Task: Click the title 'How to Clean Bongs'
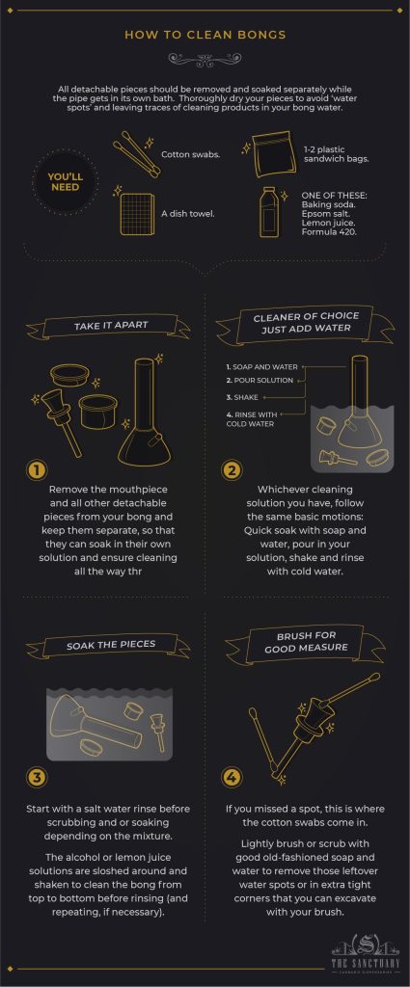pyautogui.click(x=205, y=35)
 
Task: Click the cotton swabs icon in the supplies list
pyautogui.click(x=135, y=154)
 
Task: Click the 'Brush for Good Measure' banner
pyautogui.click(x=305, y=642)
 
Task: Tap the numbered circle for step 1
pyautogui.click(x=37, y=470)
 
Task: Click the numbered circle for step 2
pyautogui.click(x=232, y=470)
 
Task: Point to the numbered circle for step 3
pyautogui.click(x=37, y=778)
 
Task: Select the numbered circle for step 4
pyautogui.click(x=232, y=778)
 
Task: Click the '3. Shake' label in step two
pyautogui.click(x=241, y=396)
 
